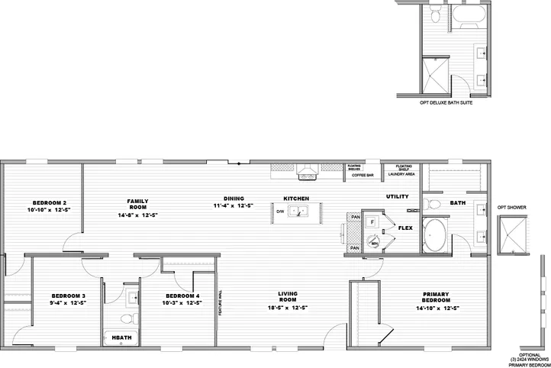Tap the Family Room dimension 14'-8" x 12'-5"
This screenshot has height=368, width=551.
[137, 215]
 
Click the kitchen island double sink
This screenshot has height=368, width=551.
[296, 213]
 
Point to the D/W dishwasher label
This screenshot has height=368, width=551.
[280, 211]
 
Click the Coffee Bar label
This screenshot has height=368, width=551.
[362, 175]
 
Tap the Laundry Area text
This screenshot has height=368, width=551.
[401, 174]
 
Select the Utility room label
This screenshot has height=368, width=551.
[398, 196]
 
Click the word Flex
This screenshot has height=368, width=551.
[405, 227]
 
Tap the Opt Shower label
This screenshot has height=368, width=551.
[511, 207]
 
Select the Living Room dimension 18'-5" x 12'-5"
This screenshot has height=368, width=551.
[288, 308]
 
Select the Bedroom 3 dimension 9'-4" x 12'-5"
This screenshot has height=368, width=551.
[68, 303]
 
